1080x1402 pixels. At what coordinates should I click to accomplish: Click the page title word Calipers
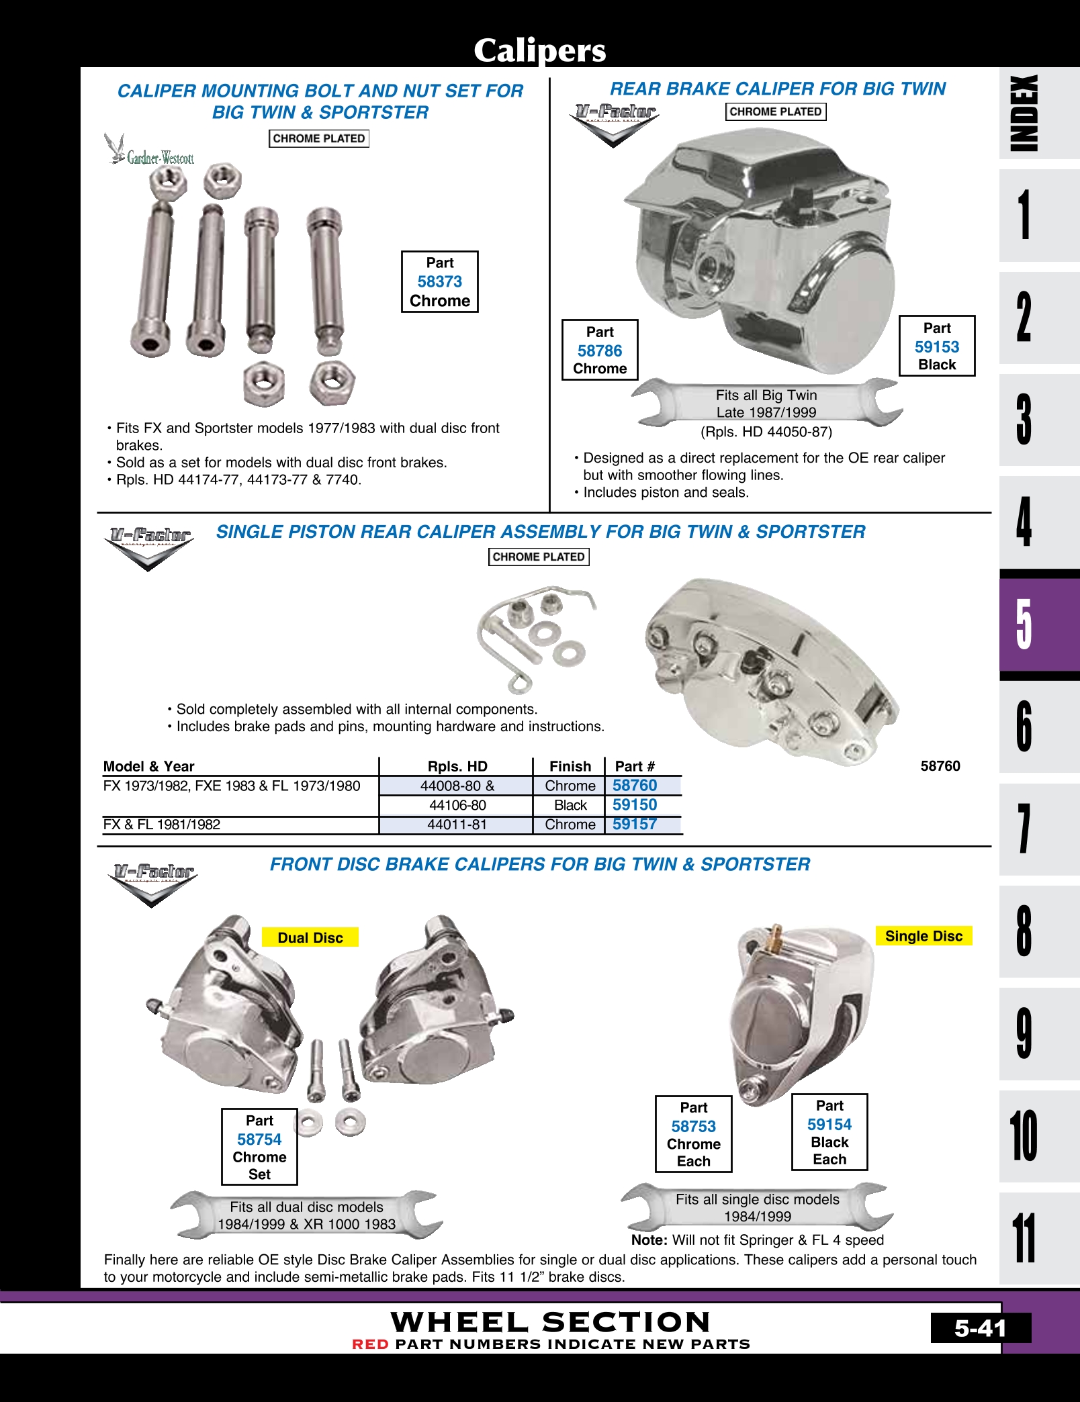coord(539,50)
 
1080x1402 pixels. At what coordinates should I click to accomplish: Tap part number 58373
coord(440,282)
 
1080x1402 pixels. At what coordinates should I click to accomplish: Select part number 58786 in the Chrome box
coord(600,351)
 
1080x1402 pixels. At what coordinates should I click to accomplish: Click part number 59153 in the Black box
coord(937,347)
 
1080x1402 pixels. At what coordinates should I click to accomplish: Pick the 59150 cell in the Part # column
coord(635,805)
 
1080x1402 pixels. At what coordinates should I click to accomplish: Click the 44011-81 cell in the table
coord(457,825)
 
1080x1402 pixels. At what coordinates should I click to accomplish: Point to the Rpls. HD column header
coord(457,766)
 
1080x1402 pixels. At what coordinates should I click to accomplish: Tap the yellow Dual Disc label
coord(310,937)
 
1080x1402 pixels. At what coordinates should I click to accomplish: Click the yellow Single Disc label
coord(924,936)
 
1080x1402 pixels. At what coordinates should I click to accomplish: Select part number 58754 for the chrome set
coord(259,1139)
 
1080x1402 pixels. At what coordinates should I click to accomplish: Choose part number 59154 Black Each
coord(829,1125)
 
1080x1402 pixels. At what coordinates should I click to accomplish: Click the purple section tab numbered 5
coord(1024,624)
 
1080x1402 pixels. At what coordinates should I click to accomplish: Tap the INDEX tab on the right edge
coord(1025,113)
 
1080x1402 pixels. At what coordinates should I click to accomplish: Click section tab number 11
coord(1025,1238)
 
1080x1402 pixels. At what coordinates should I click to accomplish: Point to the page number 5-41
coord(980,1328)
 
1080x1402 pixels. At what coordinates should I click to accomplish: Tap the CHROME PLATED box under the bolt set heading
coord(319,139)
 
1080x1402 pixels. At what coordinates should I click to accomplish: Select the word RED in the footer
coord(371,1344)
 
